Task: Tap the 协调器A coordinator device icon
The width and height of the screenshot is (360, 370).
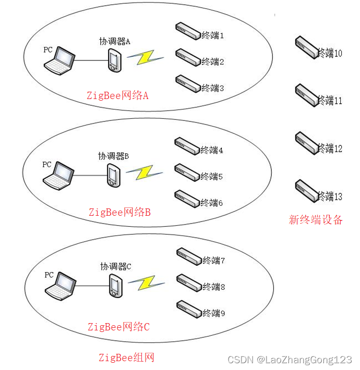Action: click(115, 60)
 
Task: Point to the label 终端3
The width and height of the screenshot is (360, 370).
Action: click(213, 88)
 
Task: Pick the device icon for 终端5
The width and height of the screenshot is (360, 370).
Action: click(187, 172)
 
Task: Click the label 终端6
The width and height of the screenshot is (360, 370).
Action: click(212, 203)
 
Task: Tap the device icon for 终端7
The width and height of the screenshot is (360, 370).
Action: click(189, 255)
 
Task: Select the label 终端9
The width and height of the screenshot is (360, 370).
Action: click(214, 313)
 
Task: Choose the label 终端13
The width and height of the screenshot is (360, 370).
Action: click(330, 196)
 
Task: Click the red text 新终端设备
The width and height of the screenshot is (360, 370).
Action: click(316, 220)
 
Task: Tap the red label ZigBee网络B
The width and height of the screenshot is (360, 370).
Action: click(119, 212)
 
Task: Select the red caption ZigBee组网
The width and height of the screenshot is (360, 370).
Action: click(126, 357)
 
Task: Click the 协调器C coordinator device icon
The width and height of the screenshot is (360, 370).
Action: click(115, 286)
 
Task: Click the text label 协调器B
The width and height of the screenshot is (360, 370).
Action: click(114, 156)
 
